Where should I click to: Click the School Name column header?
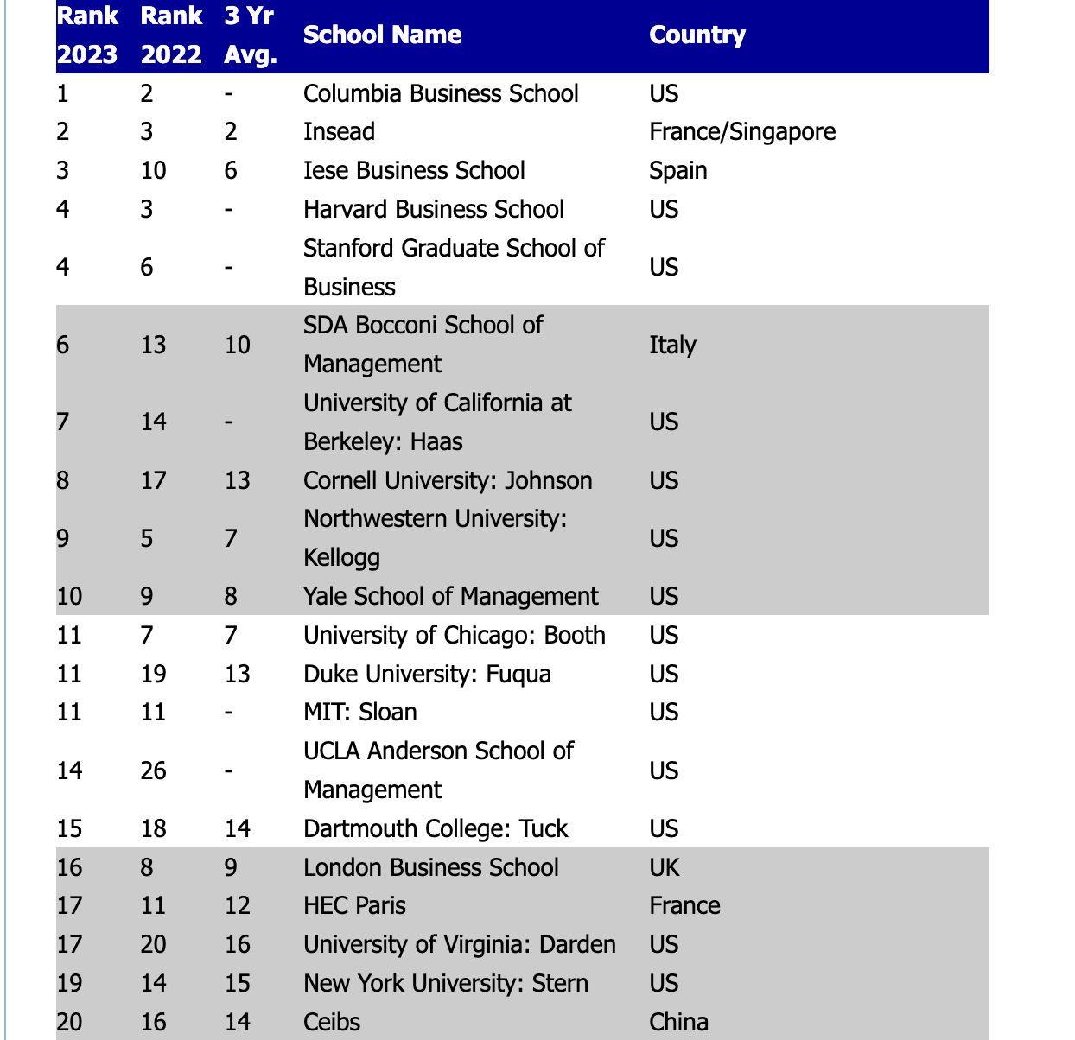coord(382,35)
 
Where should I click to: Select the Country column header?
coord(697,35)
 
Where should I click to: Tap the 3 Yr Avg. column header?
coord(250,35)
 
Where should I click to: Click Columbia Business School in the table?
coord(441,93)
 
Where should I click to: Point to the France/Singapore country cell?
coord(742,132)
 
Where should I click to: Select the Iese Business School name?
coord(414,171)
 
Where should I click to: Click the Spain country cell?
coord(678,171)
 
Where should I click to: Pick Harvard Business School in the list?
coord(433,210)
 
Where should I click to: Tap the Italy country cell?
coord(672,345)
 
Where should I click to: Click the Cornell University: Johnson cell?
coord(448,480)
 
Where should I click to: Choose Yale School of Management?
coord(450,597)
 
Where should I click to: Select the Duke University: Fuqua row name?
coord(427,674)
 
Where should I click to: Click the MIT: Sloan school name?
coord(360,713)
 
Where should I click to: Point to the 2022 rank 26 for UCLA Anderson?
coord(154,770)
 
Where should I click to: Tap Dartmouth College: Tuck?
coord(436,829)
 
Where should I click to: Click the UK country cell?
coord(665,868)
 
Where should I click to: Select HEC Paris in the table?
coord(354,906)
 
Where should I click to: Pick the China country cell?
coord(678,1023)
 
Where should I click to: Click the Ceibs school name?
coord(332,1023)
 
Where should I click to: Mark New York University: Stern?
coord(446,984)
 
